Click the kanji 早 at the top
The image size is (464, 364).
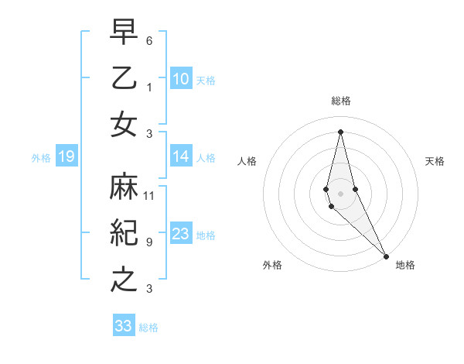pos(125,34)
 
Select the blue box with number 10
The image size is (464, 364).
pos(180,78)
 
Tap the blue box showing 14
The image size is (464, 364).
pos(180,156)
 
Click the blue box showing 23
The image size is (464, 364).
pos(180,234)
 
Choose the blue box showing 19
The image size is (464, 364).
pos(67,157)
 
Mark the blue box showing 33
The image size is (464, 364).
pos(124,326)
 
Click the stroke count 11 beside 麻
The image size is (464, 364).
pos(149,195)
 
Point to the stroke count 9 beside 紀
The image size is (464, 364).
pos(148,242)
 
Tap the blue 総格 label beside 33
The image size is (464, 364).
pos(148,328)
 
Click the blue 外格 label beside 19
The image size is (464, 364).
pos(41,158)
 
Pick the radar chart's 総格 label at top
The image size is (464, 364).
pos(341,101)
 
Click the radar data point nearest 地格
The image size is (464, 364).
pos(386,255)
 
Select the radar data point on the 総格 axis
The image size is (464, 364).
pos(340,131)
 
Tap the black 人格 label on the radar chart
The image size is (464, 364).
pos(247,161)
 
